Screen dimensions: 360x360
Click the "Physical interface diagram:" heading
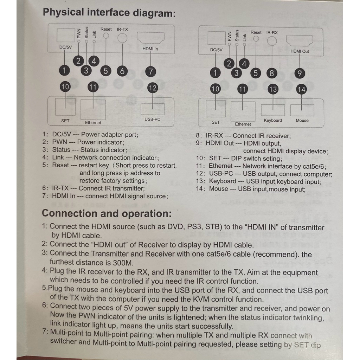tap(109, 13)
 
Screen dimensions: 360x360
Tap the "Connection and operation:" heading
tap(107, 213)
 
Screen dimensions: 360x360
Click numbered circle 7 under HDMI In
tap(150, 71)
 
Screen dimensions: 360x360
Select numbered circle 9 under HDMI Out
tap(300, 73)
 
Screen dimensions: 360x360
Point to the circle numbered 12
tap(153, 88)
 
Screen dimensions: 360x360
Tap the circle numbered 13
tap(273, 89)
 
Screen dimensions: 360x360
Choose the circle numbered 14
tap(302, 89)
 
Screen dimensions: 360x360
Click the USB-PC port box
tap(153, 109)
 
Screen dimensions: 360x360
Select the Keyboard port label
tap(273, 121)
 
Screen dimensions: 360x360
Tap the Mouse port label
tap(302, 121)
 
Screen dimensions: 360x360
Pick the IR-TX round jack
tap(122, 38)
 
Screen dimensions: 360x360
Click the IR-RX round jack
tap(272, 41)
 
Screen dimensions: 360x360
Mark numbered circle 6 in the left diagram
tap(122, 71)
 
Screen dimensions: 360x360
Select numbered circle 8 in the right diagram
tap(271, 73)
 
